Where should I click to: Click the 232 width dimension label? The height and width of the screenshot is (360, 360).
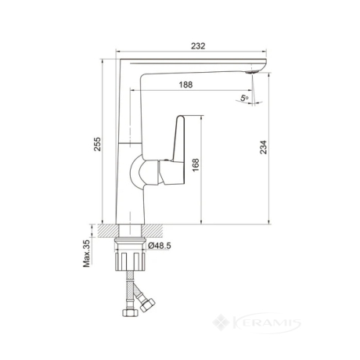[198, 46]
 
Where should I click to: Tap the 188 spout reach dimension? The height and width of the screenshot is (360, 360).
[185, 85]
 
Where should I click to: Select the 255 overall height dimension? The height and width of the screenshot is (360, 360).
[97, 144]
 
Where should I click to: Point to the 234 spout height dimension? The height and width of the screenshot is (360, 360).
[264, 147]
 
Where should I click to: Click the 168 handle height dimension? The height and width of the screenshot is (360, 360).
[196, 164]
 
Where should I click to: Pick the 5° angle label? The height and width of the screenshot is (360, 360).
[244, 99]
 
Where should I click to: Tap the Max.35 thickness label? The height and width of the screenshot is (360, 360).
[86, 254]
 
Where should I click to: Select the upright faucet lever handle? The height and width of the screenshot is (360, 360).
[179, 139]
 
